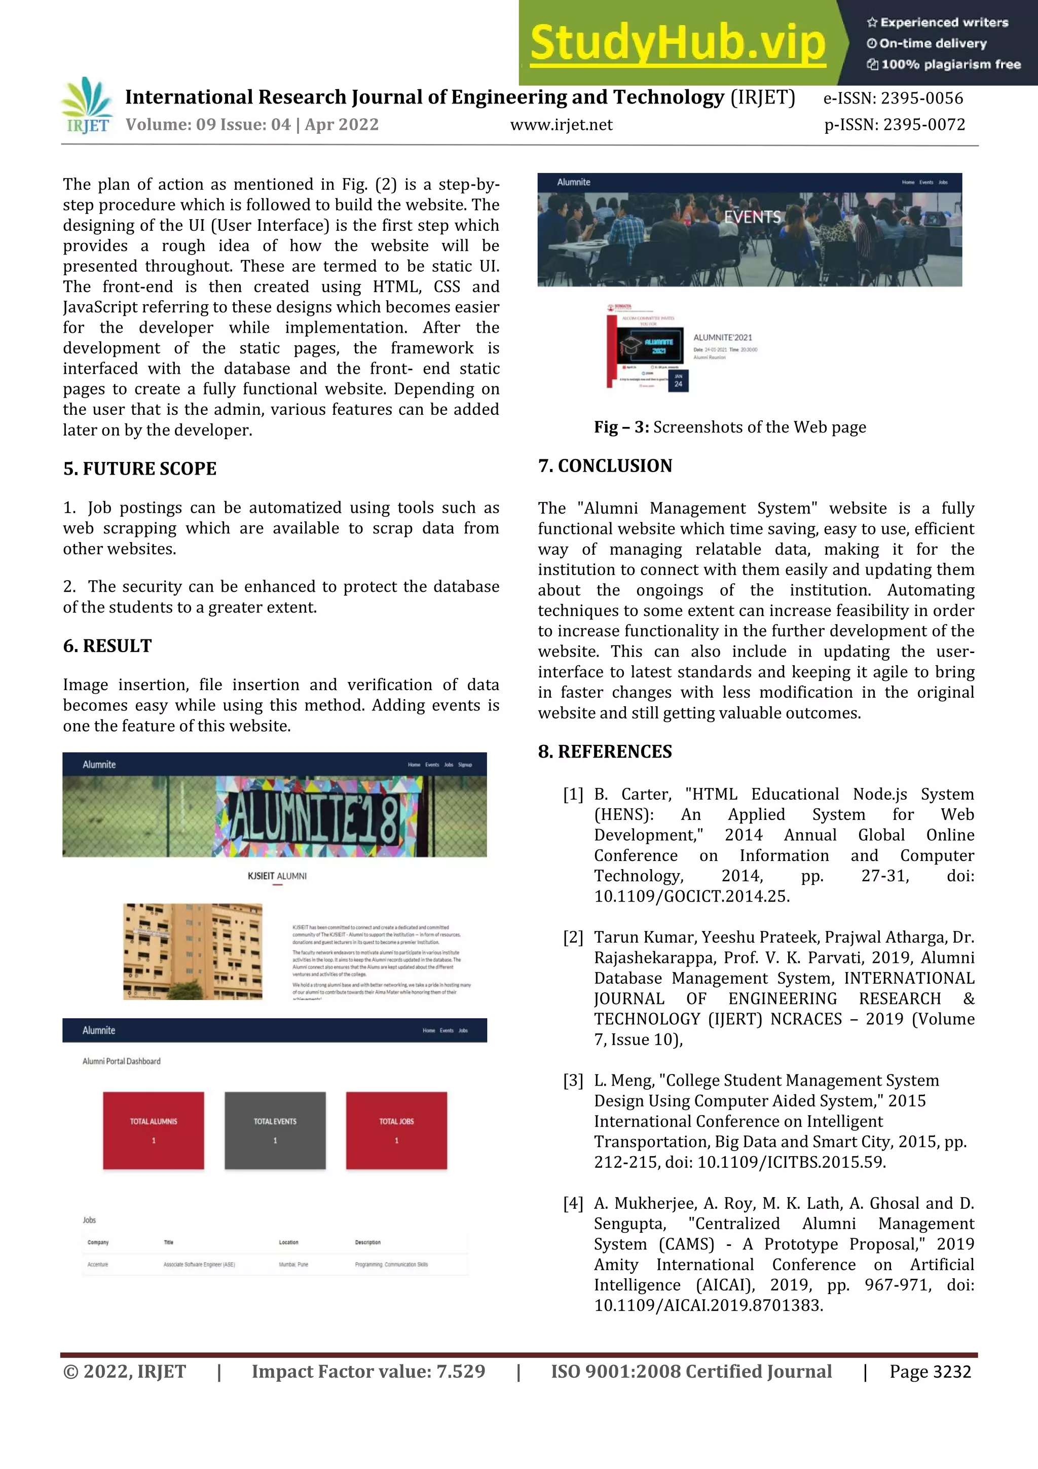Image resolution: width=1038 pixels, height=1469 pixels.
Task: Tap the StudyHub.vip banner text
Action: coord(678,43)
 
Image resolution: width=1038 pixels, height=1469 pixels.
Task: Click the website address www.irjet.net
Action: coord(561,125)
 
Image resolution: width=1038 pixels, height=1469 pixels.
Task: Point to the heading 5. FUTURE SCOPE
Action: coord(139,469)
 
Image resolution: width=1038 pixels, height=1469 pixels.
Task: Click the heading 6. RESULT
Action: coord(107,646)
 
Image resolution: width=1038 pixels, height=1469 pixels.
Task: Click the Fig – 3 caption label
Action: coord(621,427)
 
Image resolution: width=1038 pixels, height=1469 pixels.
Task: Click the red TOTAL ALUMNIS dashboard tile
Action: coord(154,1131)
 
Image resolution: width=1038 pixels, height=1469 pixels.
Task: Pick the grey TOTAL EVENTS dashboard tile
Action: coord(275,1131)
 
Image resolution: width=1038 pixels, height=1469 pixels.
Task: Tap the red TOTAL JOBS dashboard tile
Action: coord(396,1131)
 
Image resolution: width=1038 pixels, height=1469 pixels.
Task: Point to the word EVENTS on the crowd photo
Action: coord(752,218)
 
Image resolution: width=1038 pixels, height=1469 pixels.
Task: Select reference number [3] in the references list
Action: coord(573,1081)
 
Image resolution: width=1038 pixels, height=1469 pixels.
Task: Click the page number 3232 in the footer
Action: coord(952,1372)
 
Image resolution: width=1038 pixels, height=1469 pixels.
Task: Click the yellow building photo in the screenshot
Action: coord(193,951)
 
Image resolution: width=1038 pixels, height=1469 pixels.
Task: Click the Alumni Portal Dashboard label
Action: coord(122,1061)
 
